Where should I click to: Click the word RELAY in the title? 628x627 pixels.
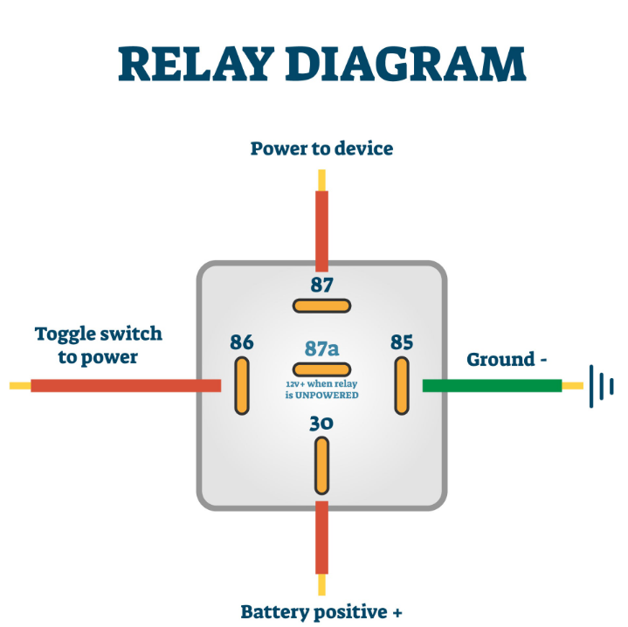click(x=194, y=64)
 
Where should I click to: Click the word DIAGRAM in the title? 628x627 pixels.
click(x=405, y=64)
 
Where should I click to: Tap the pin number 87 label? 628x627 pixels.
click(x=321, y=285)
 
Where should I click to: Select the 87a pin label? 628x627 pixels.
click(x=321, y=348)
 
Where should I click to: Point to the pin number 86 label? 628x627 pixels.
click(x=242, y=342)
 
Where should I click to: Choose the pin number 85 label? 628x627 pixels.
click(x=402, y=342)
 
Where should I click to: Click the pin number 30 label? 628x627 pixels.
click(x=321, y=424)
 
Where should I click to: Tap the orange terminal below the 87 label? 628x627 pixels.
click(x=321, y=307)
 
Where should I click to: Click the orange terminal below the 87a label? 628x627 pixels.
click(x=321, y=369)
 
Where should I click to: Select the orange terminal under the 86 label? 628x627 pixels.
click(x=242, y=386)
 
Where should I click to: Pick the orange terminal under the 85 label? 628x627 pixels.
click(x=402, y=386)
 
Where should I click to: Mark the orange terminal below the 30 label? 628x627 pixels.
click(x=321, y=466)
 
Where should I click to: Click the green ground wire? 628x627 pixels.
click(x=493, y=386)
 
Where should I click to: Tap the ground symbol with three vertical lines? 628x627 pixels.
click(x=601, y=386)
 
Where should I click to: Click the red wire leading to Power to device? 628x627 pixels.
click(x=321, y=231)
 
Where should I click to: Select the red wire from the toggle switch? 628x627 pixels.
click(x=126, y=386)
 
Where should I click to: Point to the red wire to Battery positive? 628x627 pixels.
click(x=321, y=538)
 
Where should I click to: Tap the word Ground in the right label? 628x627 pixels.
click(x=500, y=360)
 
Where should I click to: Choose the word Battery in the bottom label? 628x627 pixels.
click(x=275, y=612)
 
